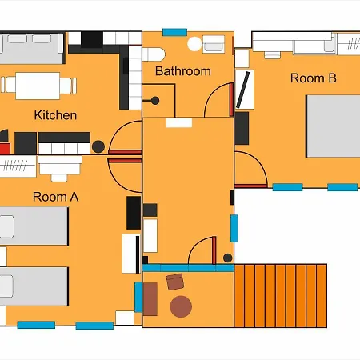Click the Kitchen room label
55,115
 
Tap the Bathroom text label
183,71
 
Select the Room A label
55,197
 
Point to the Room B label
314,78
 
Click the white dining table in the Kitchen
38,86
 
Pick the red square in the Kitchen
5,149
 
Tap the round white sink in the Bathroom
194,44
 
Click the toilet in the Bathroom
154,54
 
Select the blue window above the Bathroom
174,32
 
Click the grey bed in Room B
333,126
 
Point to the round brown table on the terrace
181,306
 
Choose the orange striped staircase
281,296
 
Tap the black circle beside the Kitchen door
98,146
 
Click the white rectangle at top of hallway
179,123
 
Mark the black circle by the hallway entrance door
227,258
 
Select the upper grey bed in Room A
34,226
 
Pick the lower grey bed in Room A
34,286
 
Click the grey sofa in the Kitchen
32,48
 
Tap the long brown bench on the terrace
150,299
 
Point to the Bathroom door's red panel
231,99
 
